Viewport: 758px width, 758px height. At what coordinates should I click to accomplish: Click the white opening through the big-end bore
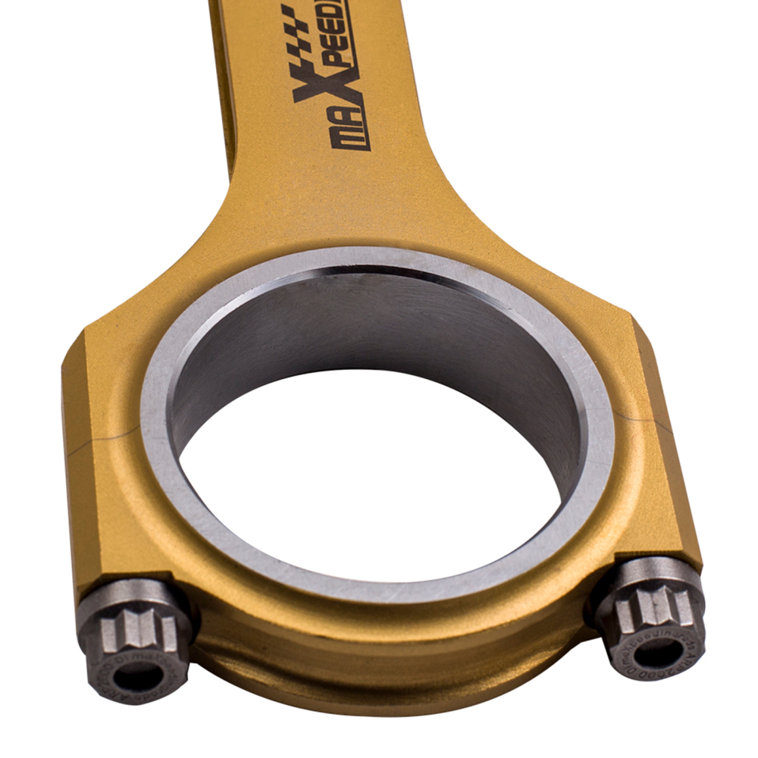click(x=371, y=485)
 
